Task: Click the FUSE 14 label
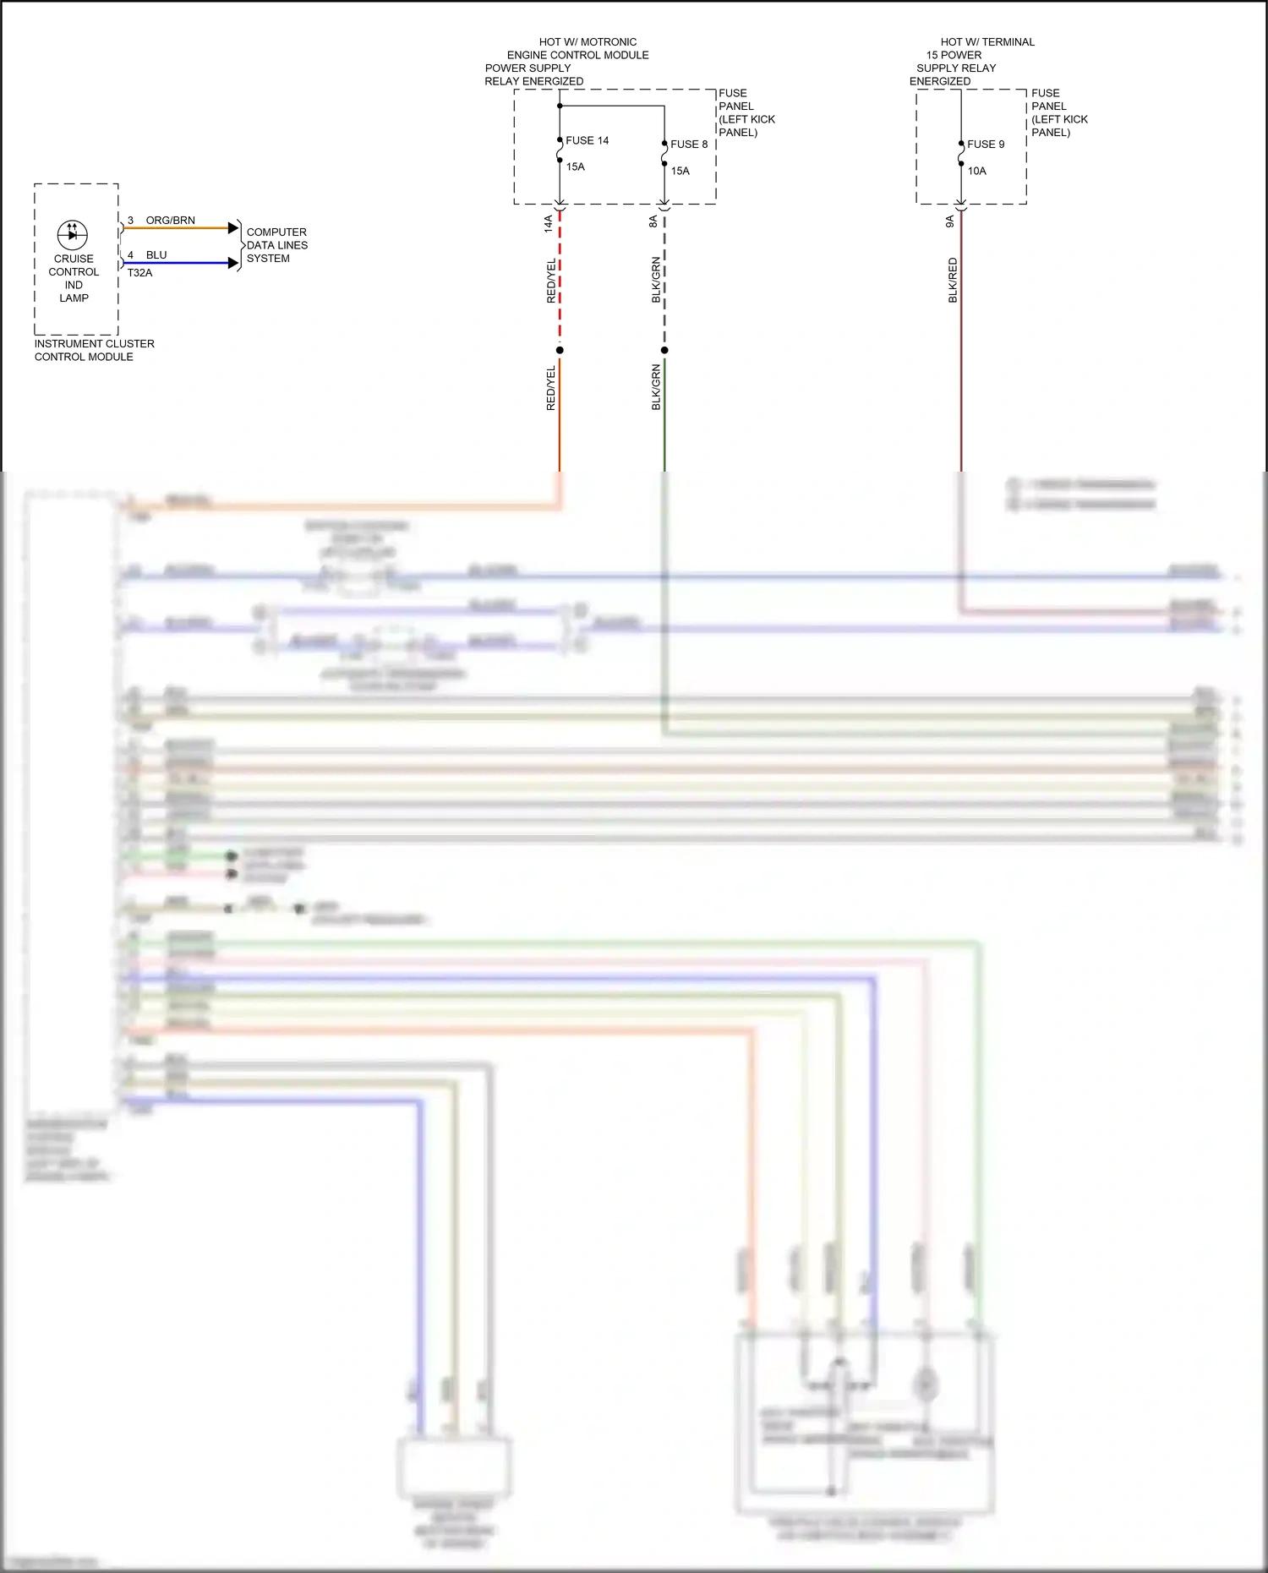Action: pos(587,140)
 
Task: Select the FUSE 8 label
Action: pos(689,145)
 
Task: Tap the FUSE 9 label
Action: pos(986,145)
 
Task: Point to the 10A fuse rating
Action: pos(977,171)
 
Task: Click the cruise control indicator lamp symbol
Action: pos(73,234)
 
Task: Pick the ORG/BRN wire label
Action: pos(170,221)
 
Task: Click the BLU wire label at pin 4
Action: pos(156,255)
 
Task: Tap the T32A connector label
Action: pos(139,273)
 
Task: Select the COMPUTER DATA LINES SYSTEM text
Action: pos(276,245)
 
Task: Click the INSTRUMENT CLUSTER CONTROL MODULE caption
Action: pos(94,350)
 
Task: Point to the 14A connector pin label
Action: pos(549,223)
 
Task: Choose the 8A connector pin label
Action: pos(653,221)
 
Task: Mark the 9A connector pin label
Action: pos(950,221)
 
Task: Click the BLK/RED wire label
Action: pos(954,281)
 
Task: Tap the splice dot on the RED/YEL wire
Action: pos(560,350)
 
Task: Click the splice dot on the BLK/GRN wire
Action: pos(664,350)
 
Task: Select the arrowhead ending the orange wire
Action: pos(234,228)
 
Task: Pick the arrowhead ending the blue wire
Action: pos(234,263)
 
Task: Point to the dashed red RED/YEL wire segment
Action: pos(560,279)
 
